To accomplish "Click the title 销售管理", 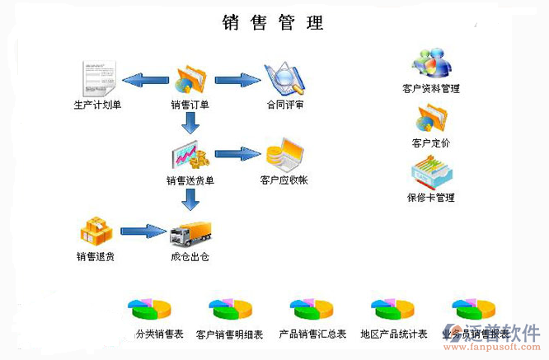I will tap(273, 22).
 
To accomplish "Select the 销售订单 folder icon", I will tap(190, 79).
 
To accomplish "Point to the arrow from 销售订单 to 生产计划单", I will tap(145, 80).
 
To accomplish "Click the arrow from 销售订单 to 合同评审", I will tap(238, 80).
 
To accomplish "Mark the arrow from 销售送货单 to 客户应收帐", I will tap(238, 154).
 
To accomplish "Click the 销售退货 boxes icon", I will tap(95, 231).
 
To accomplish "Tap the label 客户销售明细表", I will tap(230, 334).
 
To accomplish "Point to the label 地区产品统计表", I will tap(394, 334).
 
